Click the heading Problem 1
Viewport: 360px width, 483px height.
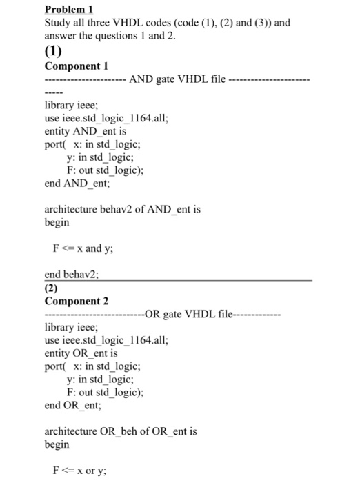click(x=68, y=10)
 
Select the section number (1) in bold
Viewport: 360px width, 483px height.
click(x=53, y=51)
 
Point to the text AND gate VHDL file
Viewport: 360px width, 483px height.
click(x=177, y=79)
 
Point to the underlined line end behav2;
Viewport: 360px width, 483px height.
click(x=72, y=274)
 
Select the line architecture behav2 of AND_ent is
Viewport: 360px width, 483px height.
click(x=122, y=208)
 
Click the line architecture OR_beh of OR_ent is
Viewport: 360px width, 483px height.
click(x=120, y=431)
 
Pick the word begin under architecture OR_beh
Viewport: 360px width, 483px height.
click(x=57, y=444)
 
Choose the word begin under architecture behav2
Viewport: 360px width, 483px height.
click(x=57, y=222)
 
